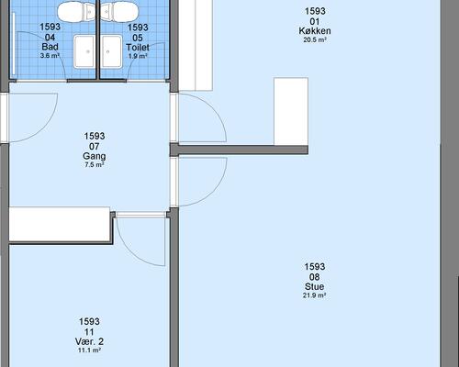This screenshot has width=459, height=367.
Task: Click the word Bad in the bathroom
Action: tap(50, 46)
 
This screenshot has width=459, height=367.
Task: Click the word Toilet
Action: tap(138, 46)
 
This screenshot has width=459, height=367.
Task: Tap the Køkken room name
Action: tap(315, 30)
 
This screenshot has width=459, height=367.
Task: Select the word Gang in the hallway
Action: tap(95, 156)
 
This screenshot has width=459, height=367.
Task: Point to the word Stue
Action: tap(315, 287)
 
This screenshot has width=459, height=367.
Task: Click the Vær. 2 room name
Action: tap(89, 341)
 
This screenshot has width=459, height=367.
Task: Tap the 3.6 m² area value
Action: tap(50, 56)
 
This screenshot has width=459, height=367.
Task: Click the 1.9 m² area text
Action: tap(138, 56)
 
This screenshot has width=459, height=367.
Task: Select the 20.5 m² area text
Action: tap(315, 40)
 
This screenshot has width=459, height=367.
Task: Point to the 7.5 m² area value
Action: tap(95, 166)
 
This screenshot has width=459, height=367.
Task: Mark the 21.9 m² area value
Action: tap(315, 297)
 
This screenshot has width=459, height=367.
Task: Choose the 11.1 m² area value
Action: tap(89, 350)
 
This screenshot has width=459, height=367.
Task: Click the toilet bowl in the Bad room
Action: tap(73, 11)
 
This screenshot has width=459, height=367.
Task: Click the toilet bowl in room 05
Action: tap(118, 11)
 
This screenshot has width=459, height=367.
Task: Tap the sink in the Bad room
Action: tap(84, 50)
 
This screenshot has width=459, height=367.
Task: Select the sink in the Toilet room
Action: tap(111, 50)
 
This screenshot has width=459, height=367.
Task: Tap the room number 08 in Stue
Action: tap(315, 277)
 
